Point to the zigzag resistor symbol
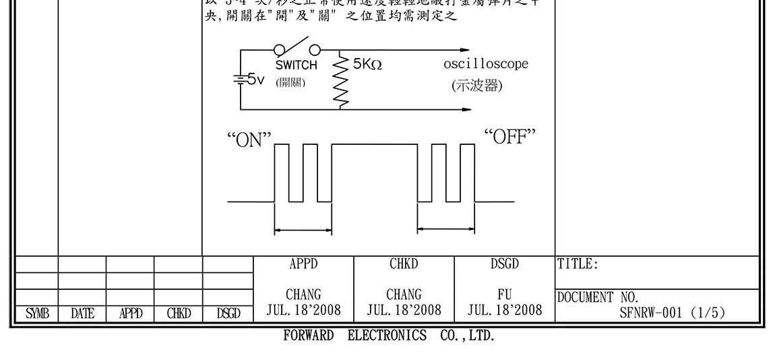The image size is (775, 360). (x=340, y=81)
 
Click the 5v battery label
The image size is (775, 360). (x=255, y=80)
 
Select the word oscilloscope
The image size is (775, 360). (x=486, y=64)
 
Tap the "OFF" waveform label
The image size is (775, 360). (x=509, y=136)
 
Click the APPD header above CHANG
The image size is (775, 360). (x=303, y=264)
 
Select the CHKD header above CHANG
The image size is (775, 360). (x=404, y=264)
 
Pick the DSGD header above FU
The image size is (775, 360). (x=505, y=264)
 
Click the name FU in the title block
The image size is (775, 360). (x=505, y=295)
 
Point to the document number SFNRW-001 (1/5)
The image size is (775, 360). (x=673, y=312)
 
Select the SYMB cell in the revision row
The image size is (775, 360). (x=34, y=313)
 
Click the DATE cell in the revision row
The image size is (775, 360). (x=82, y=313)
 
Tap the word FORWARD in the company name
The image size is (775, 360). (x=309, y=336)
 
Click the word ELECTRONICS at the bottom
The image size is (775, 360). (x=387, y=336)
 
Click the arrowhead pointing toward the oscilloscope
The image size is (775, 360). (x=464, y=51)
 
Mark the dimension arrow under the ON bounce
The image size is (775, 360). (x=303, y=231)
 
